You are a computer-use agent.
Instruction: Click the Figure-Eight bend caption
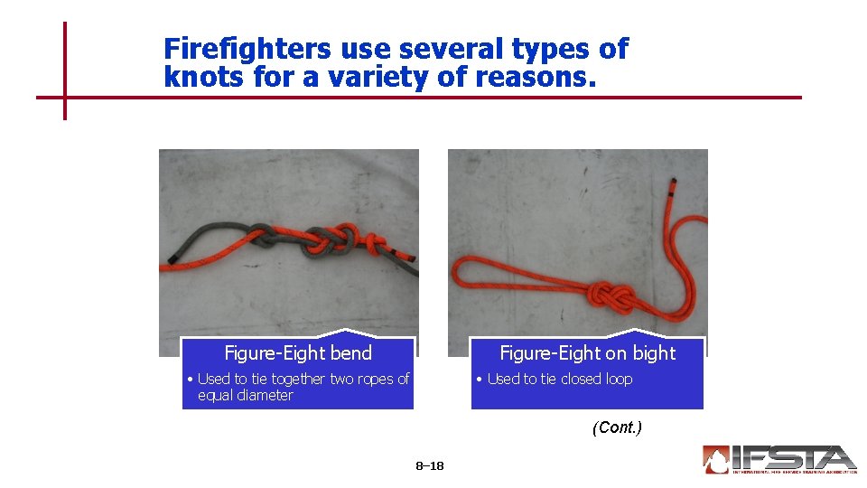click(297, 352)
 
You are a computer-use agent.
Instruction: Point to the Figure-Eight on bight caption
click(587, 352)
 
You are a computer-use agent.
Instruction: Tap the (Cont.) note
click(617, 427)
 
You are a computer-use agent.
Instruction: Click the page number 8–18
click(430, 466)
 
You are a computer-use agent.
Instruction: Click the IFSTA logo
click(778, 460)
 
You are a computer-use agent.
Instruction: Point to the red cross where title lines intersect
click(65, 97)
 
